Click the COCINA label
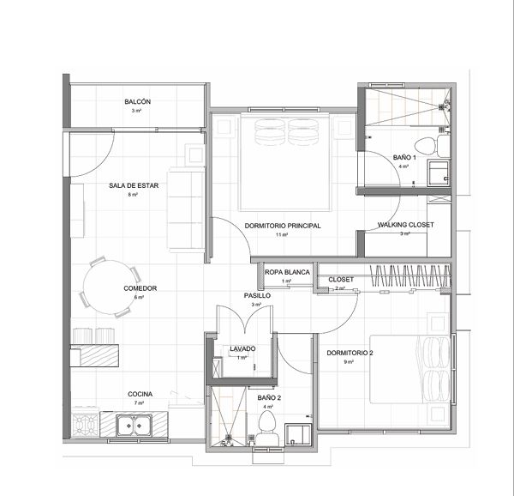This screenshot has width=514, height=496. click(x=140, y=394)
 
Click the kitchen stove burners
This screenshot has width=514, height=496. click(x=86, y=423)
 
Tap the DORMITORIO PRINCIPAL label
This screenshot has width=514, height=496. click(x=282, y=226)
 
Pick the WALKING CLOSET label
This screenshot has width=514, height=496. click(x=406, y=225)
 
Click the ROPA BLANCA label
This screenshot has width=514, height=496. click(x=287, y=272)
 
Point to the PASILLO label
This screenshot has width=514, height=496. click(x=257, y=295)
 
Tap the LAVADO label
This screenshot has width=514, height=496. click(x=243, y=348)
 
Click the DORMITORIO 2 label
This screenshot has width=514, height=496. click(x=350, y=353)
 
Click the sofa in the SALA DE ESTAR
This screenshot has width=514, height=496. click(x=185, y=206)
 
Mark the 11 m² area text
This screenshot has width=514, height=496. click(x=282, y=234)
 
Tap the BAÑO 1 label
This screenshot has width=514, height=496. click(x=404, y=158)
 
